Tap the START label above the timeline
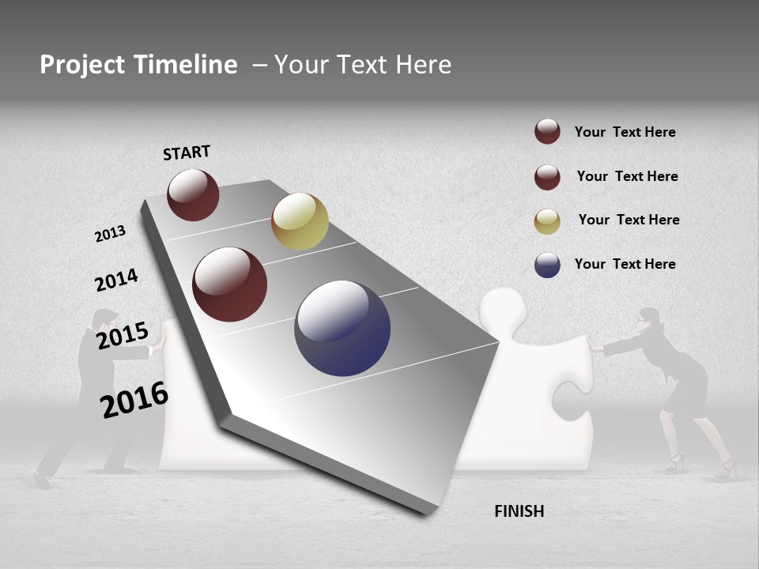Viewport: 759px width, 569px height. [187, 153]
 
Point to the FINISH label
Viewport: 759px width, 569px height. [519, 511]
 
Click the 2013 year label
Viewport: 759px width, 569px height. [110, 234]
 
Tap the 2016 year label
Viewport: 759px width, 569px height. [134, 400]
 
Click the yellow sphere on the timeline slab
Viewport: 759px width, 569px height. [300, 221]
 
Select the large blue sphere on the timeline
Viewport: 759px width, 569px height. [342, 328]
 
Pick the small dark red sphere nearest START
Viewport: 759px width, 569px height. [193, 194]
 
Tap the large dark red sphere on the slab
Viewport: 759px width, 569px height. [230, 284]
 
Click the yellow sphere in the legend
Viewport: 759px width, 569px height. [547, 220]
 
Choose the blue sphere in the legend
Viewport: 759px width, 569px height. [547, 265]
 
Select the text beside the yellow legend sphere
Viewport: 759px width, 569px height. [629, 220]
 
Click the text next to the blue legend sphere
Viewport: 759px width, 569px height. [625, 264]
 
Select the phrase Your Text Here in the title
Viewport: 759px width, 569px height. [363, 65]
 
